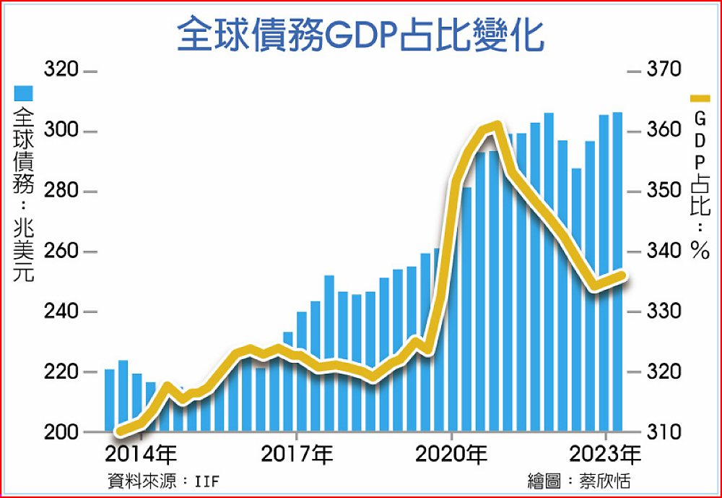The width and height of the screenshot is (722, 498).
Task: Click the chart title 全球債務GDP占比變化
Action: point(360,34)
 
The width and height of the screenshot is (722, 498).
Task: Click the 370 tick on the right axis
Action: point(664,71)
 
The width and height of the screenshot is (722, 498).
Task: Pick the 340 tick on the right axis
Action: point(664,252)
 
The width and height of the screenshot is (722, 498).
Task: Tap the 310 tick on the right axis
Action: point(664,432)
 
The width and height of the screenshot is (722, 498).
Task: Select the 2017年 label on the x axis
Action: point(297,456)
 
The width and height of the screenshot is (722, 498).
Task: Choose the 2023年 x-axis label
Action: point(605,456)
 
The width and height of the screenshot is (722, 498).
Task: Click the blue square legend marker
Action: point(24,93)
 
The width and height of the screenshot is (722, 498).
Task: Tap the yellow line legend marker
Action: point(700,98)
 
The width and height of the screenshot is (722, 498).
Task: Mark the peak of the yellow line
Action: point(495,126)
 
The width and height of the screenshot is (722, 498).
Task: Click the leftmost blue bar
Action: point(110,401)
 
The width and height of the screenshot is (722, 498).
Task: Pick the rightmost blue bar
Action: point(617,275)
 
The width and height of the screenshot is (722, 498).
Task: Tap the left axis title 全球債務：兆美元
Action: point(24,195)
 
